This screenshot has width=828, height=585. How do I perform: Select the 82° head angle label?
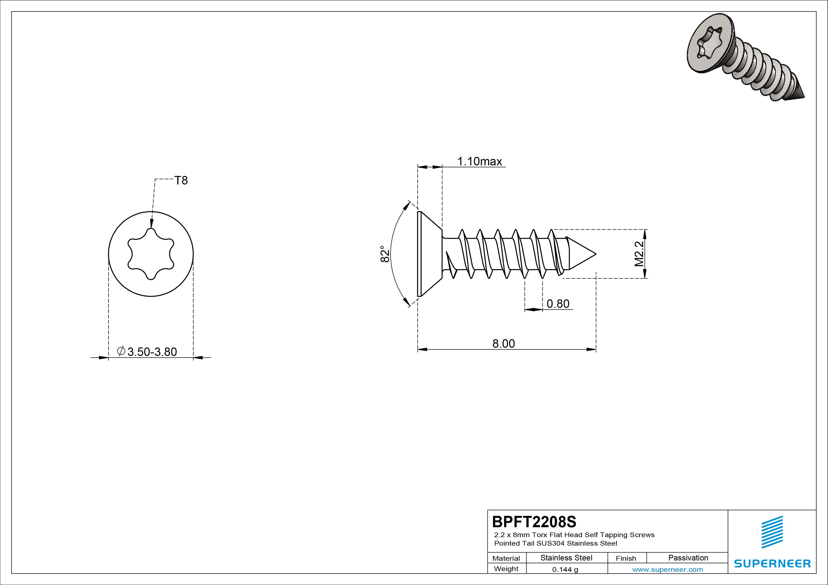tap(385, 254)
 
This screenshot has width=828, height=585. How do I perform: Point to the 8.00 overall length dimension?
tap(503, 343)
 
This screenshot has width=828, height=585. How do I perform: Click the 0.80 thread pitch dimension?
tap(558, 304)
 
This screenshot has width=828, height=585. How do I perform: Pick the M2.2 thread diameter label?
tap(639, 254)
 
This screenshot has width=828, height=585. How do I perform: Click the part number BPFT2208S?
tap(534, 522)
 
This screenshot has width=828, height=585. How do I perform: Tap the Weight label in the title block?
tap(506, 569)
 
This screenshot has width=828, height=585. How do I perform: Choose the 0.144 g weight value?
tap(565, 569)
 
